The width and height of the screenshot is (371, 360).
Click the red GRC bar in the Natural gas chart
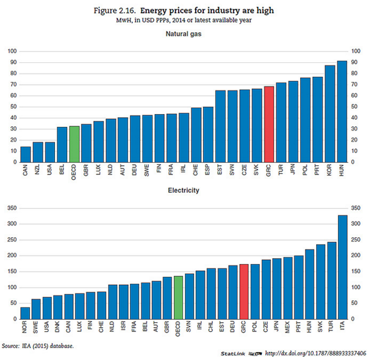click(x=269, y=124)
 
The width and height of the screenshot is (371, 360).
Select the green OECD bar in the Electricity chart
click(x=178, y=298)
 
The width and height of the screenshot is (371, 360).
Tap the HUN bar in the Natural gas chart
click(x=342, y=112)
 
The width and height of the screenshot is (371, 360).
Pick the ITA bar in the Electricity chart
click(x=342, y=267)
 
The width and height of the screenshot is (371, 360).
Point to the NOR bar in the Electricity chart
click(x=25, y=314)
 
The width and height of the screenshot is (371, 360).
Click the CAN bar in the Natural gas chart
click(x=26, y=154)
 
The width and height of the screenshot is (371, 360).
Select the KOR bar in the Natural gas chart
click(x=330, y=113)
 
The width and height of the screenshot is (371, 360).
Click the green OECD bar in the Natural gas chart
click(x=74, y=144)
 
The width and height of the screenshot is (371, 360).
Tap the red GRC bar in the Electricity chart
click(x=244, y=292)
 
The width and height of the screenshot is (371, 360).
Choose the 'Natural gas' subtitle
click(x=184, y=34)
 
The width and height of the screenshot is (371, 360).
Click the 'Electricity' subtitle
click(x=184, y=190)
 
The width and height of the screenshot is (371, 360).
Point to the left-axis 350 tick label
click(x=12, y=208)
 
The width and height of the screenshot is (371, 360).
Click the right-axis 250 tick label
click(x=356, y=240)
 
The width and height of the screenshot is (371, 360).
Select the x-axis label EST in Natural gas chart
click(x=220, y=170)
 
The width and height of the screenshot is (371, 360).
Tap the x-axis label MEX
click(x=287, y=327)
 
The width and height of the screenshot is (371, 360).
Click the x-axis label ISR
click(x=123, y=326)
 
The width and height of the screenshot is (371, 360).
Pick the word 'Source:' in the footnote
click(x=10, y=346)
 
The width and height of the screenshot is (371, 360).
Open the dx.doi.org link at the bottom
click(x=315, y=353)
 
